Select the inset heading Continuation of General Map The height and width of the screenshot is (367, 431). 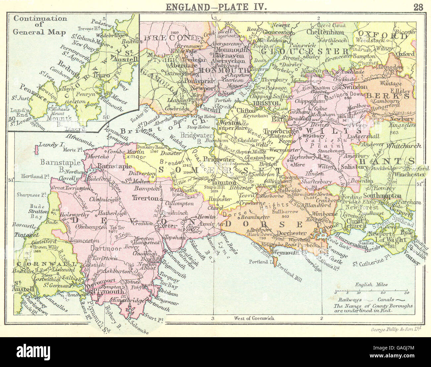(x=40, y=25)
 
